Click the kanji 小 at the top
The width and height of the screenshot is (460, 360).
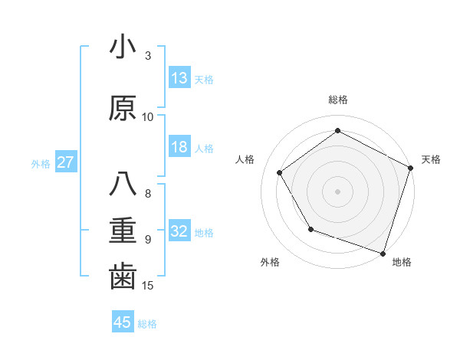pos(123,48)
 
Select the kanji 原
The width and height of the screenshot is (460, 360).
pos(123,108)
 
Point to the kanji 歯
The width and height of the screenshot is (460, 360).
pos(123,277)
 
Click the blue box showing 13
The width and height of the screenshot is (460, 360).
pos(179,78)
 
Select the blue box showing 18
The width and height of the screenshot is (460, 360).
pos(179,148)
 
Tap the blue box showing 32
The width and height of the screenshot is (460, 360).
pos(179,231)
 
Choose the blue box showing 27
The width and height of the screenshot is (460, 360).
pos(65,162)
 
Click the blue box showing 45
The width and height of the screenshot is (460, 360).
pos(123,322)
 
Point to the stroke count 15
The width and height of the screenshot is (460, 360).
pos(149,286)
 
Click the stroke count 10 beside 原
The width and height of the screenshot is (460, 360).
pos(148,117)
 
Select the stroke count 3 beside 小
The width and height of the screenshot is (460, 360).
pos(148,56)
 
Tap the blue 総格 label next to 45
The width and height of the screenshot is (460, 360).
pos(147,323)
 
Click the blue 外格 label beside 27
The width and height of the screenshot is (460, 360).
pos(41,163)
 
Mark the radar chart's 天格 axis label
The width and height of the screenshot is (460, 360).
pos(431,159)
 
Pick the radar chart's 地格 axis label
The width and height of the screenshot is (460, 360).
pos(402,262)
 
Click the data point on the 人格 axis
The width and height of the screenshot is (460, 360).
pos(280,172)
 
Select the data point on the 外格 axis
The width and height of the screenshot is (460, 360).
pos(310,229)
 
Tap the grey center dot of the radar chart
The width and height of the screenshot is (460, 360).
pos(337,191)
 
